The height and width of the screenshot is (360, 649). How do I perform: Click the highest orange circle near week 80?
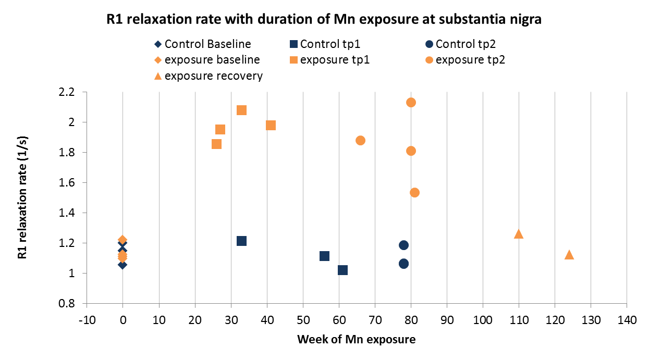(411, 102)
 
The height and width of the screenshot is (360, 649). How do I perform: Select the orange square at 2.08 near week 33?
(241, 110)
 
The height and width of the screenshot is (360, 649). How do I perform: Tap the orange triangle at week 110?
(519, 234)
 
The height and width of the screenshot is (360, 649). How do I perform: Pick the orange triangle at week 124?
(569, 255)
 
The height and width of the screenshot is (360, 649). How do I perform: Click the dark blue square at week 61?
(342, 270)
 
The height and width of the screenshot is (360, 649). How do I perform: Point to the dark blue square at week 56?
(324, 256)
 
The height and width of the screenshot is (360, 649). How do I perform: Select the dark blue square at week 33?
(241, 241)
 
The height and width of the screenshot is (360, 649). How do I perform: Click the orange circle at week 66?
(360, 140)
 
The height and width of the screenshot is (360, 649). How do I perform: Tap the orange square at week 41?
(271, 125)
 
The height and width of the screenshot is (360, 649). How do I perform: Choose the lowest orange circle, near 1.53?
(415, 192)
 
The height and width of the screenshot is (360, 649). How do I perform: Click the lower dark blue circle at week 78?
(403, 264)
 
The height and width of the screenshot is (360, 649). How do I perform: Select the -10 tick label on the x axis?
(87, 318)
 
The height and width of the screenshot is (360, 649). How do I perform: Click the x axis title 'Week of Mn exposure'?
(357, 340)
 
